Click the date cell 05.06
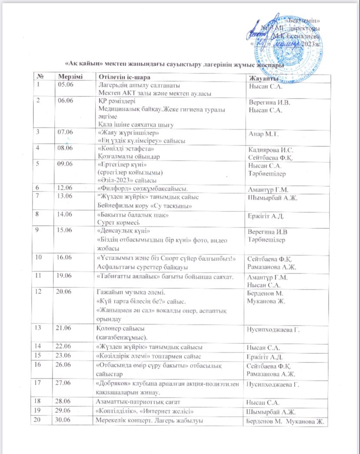point(65,84)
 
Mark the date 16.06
point(65,258)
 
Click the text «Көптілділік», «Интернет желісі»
point(144,409)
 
